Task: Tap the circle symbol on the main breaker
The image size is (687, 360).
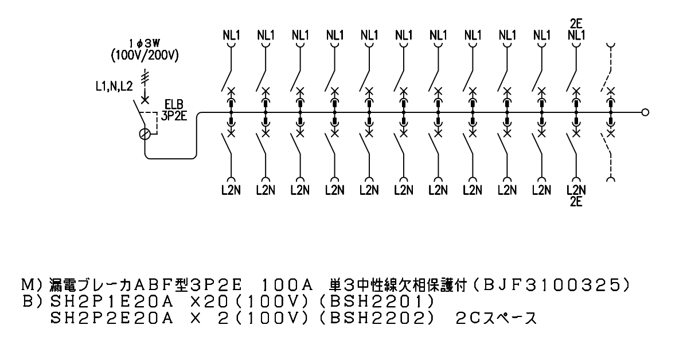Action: click(x=146, y=134)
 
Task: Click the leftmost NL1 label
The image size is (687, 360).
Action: click(x=231, y=34)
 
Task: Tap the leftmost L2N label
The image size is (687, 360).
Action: click(x=231, y=190)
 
